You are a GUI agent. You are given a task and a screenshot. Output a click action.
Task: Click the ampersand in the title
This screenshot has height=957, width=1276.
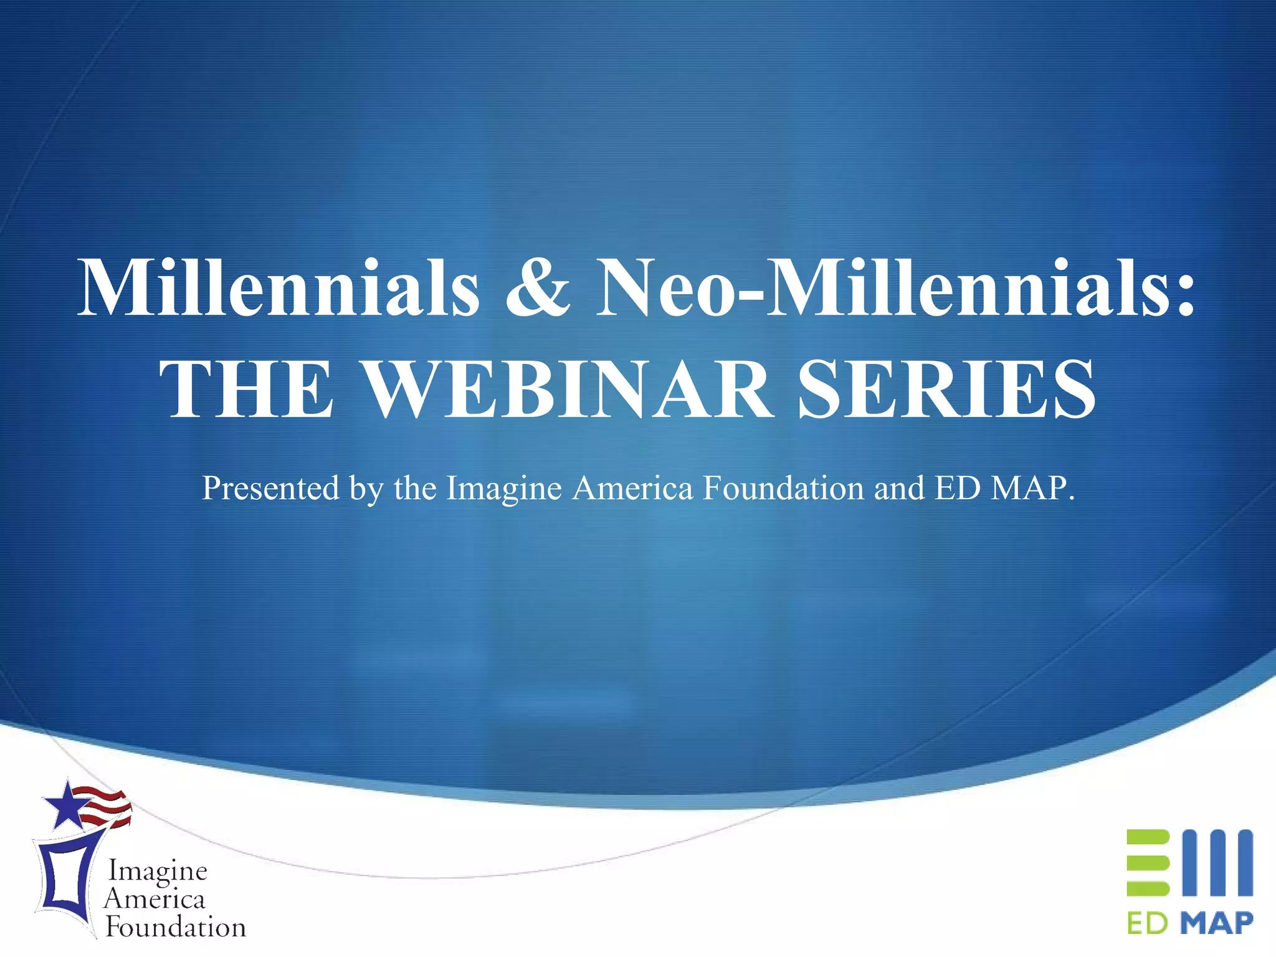[538, 288]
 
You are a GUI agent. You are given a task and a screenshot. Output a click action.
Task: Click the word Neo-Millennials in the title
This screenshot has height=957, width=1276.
[895, 288]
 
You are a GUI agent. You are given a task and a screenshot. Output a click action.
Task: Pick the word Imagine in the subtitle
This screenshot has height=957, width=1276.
[505, 488]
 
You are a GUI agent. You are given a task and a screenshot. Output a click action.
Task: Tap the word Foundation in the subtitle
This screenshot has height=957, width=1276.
[783, 488]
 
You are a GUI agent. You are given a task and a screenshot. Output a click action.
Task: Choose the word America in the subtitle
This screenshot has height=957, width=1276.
[632, 488]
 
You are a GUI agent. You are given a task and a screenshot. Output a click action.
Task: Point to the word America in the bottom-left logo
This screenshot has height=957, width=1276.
[155, 899]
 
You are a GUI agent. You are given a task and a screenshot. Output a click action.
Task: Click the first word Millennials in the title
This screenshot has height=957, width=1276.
[279, 288]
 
